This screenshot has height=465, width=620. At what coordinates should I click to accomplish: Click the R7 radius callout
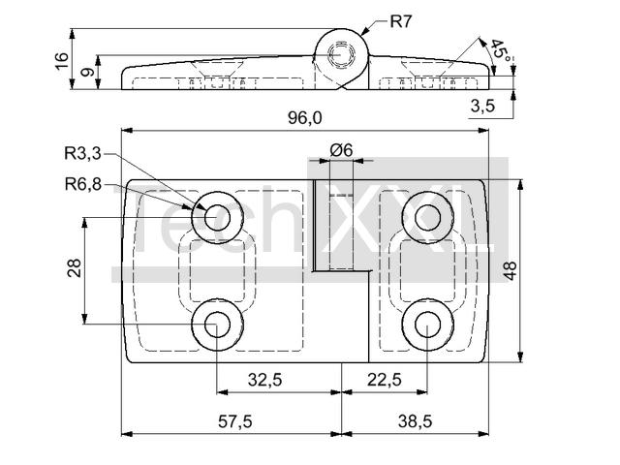click(401, 21)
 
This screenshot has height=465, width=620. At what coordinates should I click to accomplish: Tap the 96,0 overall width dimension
click(304, 118)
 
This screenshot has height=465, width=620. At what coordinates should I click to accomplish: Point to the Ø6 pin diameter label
click(341, 150)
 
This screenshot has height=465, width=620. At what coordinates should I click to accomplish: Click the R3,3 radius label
click(82, 153)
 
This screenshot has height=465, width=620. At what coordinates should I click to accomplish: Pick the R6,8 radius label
click(83, 184)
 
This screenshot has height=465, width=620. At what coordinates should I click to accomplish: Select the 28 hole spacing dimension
click(75, 267)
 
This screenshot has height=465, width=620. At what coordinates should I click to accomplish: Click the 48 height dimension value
click(511, 271)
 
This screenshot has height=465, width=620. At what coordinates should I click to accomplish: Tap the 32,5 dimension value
click(264, 380)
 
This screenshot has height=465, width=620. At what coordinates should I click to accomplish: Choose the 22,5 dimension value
click(385, 380)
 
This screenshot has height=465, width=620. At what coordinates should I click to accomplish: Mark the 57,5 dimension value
click(234, 421)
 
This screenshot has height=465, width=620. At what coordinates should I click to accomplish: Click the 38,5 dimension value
click(416, 421)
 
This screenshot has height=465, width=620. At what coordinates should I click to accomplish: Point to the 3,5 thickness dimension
click(482, 106)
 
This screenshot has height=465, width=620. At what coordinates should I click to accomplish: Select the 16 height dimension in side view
click(62, 61)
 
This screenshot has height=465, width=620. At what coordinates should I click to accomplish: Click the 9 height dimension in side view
click(88, 72)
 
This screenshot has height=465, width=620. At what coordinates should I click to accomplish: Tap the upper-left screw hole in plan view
click(217, 217)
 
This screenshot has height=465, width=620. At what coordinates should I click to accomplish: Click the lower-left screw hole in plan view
click(217, 325)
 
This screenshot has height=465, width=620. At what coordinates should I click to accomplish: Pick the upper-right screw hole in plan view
click(427, 217)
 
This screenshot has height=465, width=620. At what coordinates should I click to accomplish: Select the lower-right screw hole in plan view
click(427, 325)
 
